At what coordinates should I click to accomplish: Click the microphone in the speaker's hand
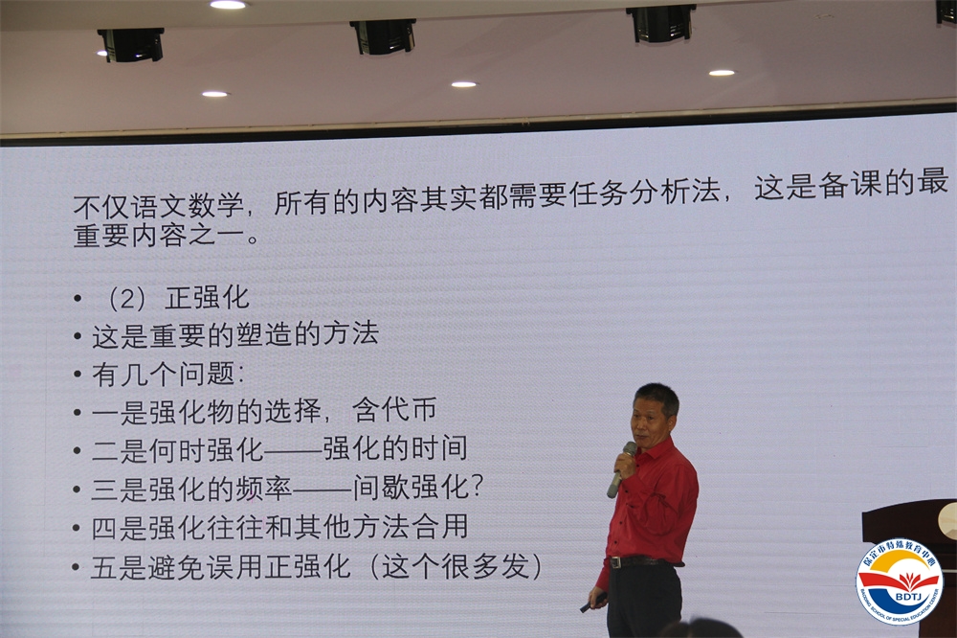pos(620,469)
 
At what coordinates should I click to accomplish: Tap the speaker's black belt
pos(641,561)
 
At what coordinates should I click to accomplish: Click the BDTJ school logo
pos(899,581)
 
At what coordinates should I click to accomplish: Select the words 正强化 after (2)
pos(208,298)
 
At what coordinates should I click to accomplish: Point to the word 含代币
pos(394,409)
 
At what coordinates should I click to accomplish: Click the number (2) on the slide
pos(126,299)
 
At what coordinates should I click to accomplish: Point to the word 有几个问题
pos(163,374)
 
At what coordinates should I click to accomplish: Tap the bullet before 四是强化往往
pos(77,528)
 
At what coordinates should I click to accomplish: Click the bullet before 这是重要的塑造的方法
pos(77,336)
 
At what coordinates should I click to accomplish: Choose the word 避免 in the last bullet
pos(177,566)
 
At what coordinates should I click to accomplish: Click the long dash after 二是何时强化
pos(293,450)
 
